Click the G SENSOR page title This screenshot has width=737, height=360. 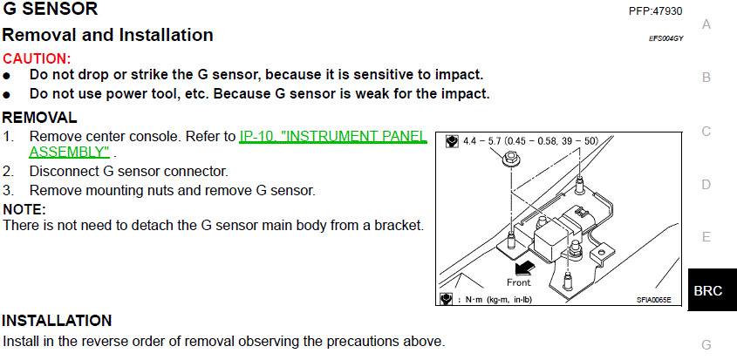click(50, 10)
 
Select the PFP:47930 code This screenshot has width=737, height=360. click(655, 11)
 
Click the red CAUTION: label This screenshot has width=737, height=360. click(37, 58)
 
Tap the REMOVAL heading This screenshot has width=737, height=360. click(39, 118)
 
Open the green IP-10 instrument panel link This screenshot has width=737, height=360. click(331, 137)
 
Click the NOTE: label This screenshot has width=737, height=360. click(24, 209)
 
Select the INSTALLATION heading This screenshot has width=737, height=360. click(57, 321)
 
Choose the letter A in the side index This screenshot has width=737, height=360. click(706, 24)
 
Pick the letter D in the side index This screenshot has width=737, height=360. click(706, 185)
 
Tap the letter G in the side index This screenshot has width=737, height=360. click(706, 344)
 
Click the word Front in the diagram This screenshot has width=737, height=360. click(519, 282)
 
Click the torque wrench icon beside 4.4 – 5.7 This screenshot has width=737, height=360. click(451, 140)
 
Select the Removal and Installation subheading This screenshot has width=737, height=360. click(107, 36)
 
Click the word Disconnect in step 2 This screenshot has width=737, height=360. click(62, 171)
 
